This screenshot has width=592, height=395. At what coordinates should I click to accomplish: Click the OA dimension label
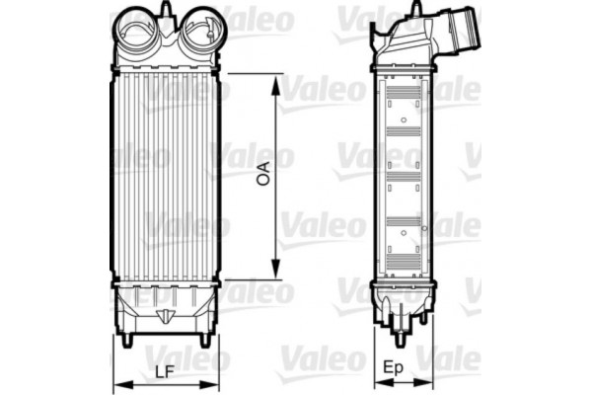click(x=263, y=175)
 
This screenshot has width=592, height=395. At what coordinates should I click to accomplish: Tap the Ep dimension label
click(x=391, y=367)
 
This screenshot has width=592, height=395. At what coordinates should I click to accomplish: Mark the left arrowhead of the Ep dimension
click(x=375, y=383)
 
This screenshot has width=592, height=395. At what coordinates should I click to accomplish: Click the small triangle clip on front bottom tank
click(x=166, y=317)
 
